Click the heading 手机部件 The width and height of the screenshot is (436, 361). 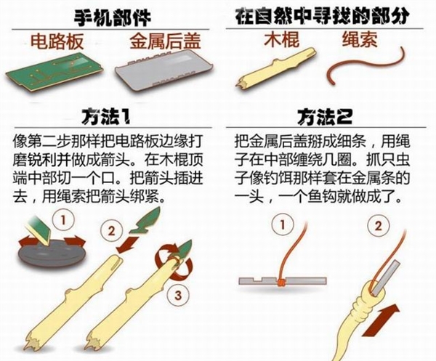113,17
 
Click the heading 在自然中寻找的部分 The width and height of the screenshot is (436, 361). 322,16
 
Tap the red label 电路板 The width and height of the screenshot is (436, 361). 57,41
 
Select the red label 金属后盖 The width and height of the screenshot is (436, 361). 165,41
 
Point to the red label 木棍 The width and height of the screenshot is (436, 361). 281,39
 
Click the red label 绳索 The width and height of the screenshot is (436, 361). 360,39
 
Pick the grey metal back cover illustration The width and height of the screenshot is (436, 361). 165,71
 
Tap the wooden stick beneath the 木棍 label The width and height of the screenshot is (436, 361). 275,68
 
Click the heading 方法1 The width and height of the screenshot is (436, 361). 105,116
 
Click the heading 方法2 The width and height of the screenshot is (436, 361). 325,116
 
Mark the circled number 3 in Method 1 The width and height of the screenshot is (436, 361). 178,295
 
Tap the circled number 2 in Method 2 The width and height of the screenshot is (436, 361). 378,226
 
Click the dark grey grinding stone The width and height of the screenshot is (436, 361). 52,254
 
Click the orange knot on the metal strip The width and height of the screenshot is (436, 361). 281,282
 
